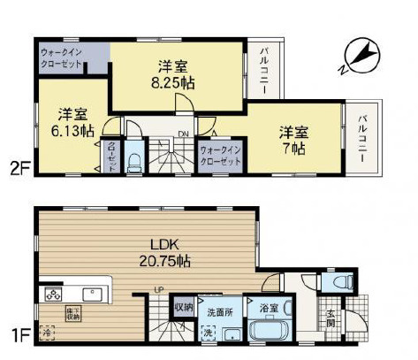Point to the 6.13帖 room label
coord(72,121)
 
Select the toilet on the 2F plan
coord(133,160)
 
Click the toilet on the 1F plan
coord(338,282)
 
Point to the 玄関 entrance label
coord(331,318)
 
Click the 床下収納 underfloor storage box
coord(72,313)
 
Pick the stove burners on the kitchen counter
coord(50,294)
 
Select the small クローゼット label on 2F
coord(112,157)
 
